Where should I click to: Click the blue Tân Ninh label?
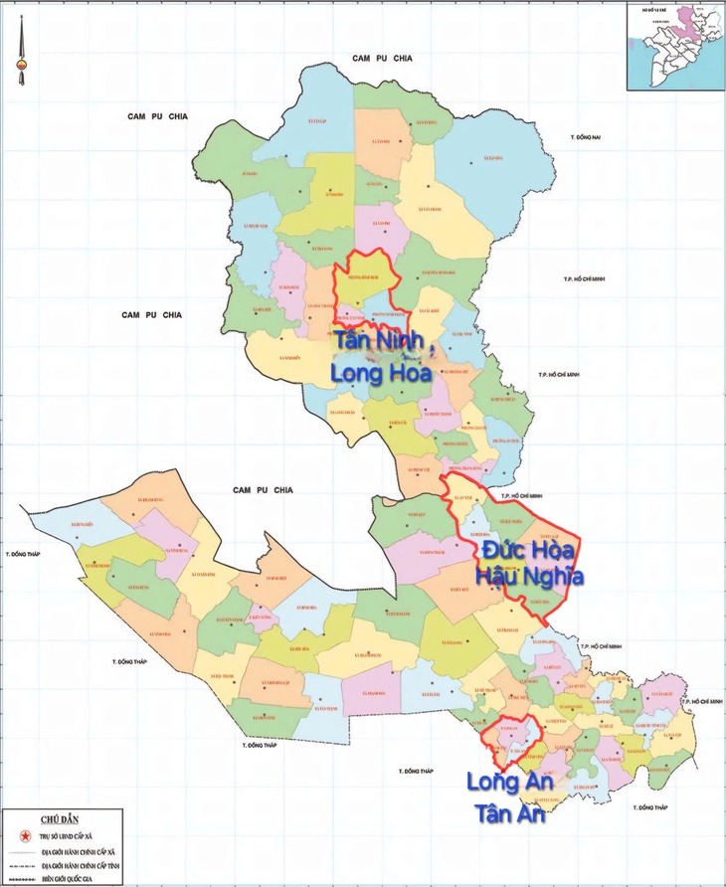pos(381,341)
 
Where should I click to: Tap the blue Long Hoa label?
pos(381,373)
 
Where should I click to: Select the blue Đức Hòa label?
pos(528,549)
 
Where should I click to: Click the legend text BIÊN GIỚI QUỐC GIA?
pos(72,879)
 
